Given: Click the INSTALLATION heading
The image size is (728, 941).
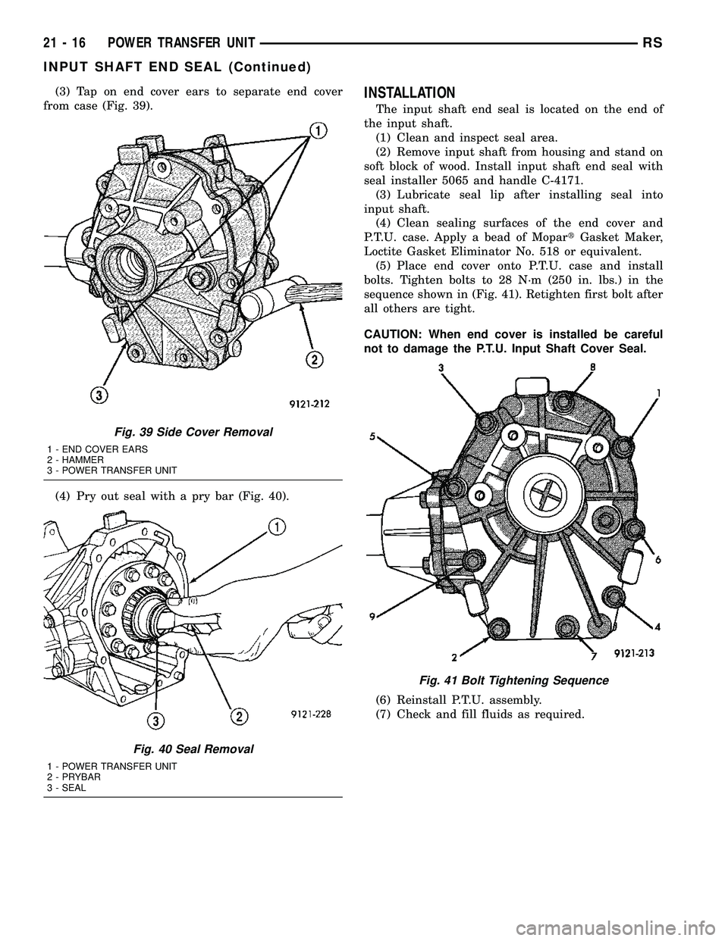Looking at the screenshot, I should [x=409, y=93].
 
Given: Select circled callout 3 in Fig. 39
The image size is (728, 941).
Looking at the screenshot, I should [x=96, y=395].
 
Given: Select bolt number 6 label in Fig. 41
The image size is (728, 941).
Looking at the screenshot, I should [x=658, y=560].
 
